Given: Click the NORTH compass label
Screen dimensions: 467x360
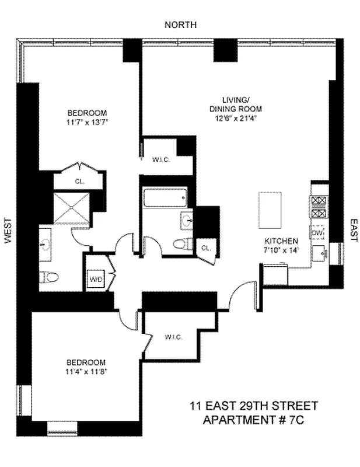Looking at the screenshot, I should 180,25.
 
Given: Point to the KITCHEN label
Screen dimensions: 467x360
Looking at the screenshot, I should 281,241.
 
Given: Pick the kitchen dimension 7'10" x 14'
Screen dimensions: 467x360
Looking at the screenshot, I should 281,250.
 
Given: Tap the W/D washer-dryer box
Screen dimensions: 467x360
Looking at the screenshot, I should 95,278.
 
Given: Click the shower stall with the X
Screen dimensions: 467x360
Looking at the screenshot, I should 72,206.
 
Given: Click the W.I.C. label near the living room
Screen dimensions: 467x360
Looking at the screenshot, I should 160,160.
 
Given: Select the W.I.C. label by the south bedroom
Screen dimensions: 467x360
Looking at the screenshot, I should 174,336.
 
